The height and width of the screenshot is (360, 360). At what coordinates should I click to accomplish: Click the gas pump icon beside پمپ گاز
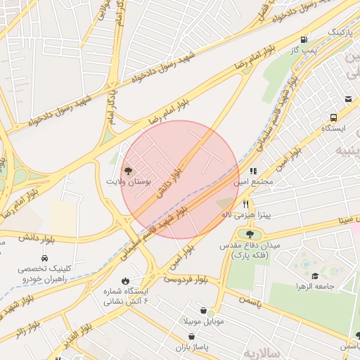[304, 39]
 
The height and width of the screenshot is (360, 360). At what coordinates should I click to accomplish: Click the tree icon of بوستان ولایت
[127, 170]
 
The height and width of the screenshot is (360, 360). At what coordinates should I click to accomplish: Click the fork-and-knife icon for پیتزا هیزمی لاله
[245, 203]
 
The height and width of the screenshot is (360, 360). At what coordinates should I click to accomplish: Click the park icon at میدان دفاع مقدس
[250, 234]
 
